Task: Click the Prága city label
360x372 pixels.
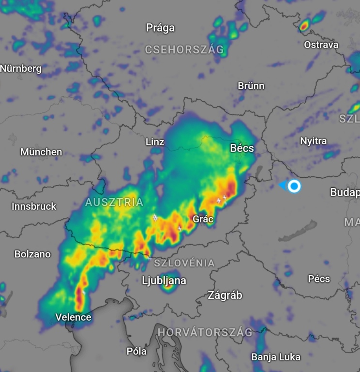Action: [x=160, y=28]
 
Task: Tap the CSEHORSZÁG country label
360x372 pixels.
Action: [x=184, y=49]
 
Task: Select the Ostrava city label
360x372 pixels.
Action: [x=321, y=45]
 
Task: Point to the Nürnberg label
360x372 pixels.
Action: [x=21, y=68]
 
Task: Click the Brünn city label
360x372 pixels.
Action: [x=251, y=86]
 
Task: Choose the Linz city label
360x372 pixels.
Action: [x=155, y=142]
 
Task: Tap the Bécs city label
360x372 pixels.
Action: [x=242, y=148]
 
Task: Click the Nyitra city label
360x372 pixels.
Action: [x=313, y=141]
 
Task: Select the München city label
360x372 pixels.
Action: [x=41, y=152]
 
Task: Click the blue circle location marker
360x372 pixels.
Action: [x=294, y=186]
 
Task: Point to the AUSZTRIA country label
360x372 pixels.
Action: [x=114, y=202]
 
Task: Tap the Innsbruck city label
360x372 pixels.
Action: [x=34, y=206]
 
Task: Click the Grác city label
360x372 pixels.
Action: [x=203, y=219]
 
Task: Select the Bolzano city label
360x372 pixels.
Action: [x=32, y=254]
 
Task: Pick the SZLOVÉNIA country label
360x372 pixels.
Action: [x=184, y=263]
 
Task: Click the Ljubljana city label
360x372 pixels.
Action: [x=164, y=280]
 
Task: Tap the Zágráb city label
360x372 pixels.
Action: [x=225, y=295]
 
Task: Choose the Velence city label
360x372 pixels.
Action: [x=73, y=317]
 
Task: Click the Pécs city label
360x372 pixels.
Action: [x=319, y=279]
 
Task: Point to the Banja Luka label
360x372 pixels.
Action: [x=276, y=357]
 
